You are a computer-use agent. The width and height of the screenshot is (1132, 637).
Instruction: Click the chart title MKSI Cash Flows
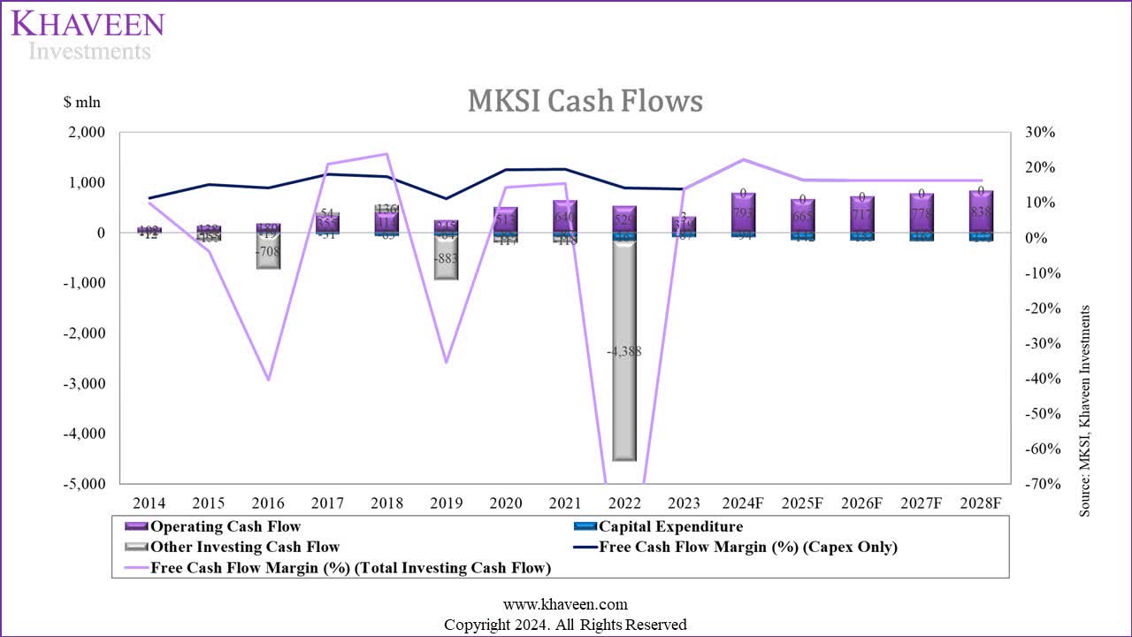pos(585,102)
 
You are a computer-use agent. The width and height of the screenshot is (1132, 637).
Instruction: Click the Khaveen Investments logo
pos(88,35)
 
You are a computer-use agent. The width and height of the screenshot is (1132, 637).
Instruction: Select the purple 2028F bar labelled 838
pos(981,212)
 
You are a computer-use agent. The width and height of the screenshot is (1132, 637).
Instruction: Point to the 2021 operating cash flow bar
pos(565,217)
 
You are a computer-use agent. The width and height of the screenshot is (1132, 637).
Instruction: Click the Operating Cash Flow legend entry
pos(226,526)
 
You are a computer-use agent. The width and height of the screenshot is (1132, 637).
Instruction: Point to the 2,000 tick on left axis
pos(87,133)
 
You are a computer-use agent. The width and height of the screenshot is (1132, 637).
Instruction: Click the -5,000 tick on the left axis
pos(84,484)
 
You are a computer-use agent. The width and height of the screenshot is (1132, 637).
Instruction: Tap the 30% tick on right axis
pos(1040,133)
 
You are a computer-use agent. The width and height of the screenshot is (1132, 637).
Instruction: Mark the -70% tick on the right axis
pos(1037,484)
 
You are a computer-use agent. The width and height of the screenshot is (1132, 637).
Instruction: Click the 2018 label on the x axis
pos(386,503)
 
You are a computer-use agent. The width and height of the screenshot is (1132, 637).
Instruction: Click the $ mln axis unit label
pos(82,102)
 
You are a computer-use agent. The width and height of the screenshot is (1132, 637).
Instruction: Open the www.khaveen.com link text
pos(565,604)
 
